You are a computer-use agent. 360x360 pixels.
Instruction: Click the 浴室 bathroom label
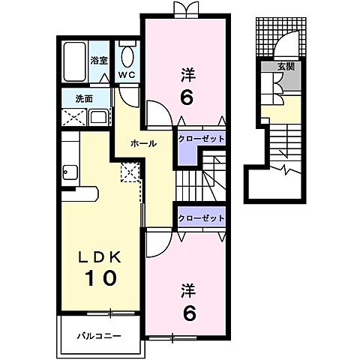click(x=100, y=61)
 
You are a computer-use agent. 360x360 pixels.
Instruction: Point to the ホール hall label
click(x=142, y=143)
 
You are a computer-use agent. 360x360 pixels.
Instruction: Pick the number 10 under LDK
click(x=100, y=279)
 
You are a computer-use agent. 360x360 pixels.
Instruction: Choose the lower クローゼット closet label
click(x=201, y=218)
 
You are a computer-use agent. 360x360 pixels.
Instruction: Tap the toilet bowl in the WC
click(x=127, y=56)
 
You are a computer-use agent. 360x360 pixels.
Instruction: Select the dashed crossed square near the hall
click(x=130, y=172)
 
